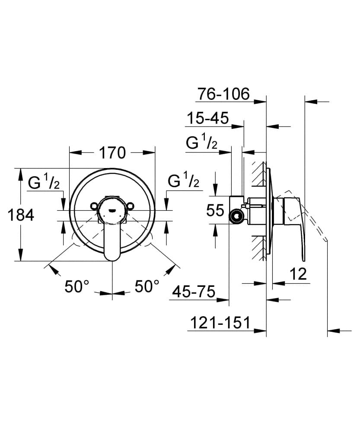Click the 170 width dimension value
tap(112, 152)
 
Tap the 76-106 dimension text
tap(223, 94)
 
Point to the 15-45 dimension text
tap(207, 118)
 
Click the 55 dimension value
tap(215, 211)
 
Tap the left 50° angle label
tap(77, 286)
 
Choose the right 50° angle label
tap(147, 286)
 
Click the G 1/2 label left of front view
tap(47, 183)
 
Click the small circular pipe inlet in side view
tap(236, 215)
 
